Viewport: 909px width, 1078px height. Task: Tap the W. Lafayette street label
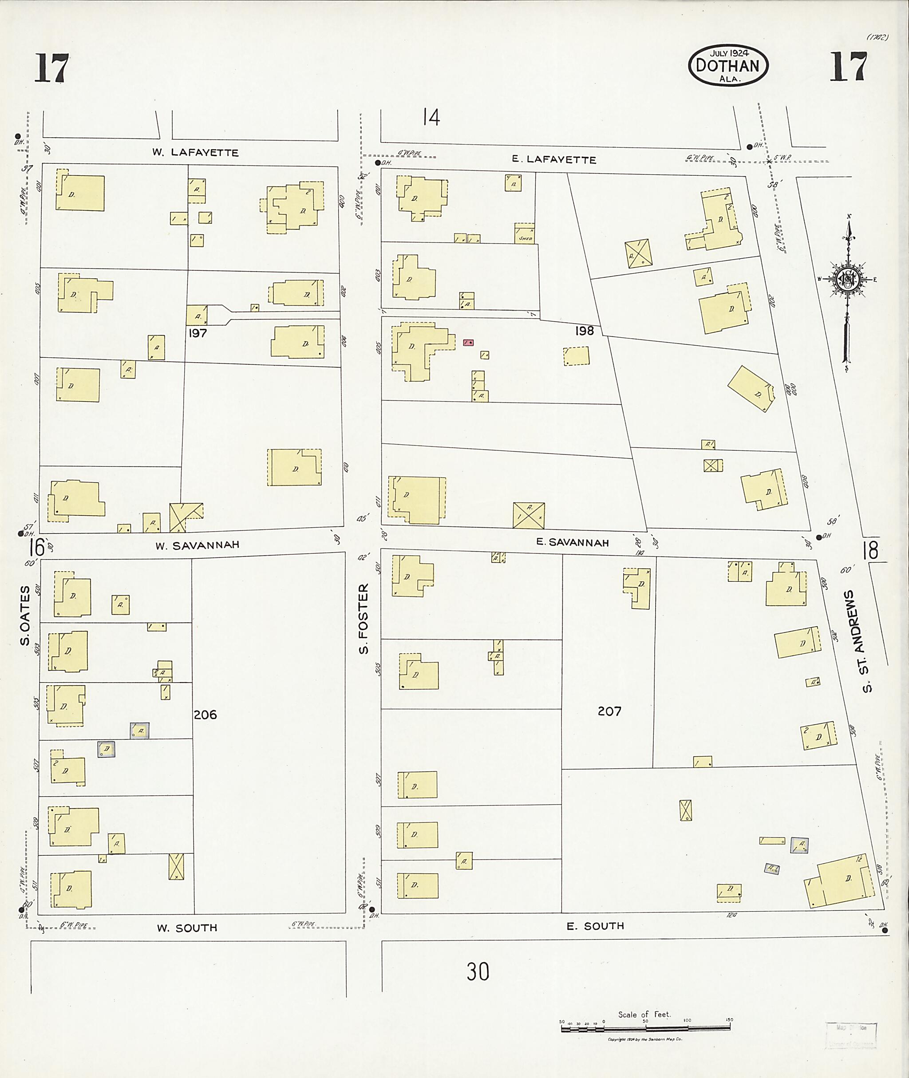(x=195, y=153)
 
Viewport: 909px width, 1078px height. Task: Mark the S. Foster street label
(x=364, y=618)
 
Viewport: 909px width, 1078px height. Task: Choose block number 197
(x=198, y=333)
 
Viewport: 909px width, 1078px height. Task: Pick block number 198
(x=585, y=331)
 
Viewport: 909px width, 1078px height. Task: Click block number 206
(x=205, y=715)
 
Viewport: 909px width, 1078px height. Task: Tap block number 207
(x=609, y=711)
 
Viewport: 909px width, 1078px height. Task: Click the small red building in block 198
(x=468, y=342)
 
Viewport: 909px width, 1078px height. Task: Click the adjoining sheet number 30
(x=478, y=971)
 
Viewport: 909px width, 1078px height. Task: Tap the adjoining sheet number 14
(x=431, y=118)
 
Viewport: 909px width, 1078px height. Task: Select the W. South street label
(x=187, y=928)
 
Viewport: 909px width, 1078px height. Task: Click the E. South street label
(x=595, y=926)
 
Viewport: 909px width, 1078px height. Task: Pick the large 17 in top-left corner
(x=51, y=68)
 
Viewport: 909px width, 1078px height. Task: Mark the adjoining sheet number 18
(x=870, y=550)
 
